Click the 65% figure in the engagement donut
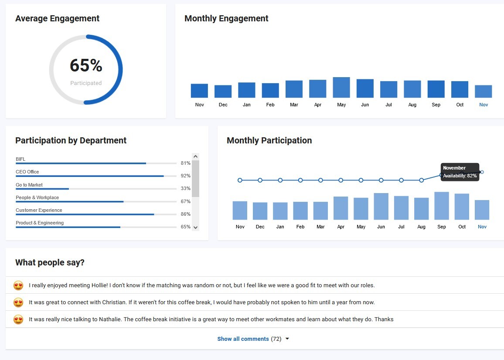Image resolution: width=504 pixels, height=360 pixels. tap(86, 66)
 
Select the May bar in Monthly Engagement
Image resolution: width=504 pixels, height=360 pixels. tap(341, 88)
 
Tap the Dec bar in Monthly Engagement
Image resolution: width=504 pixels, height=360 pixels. tap(223, 92)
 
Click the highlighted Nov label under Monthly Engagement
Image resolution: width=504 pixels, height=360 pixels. tap(484, 105)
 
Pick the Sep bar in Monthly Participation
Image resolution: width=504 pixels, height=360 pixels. tap(442, 206)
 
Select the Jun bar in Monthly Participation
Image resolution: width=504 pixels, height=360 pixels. tap(381, 207)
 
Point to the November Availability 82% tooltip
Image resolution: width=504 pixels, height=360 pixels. tap(460, 172)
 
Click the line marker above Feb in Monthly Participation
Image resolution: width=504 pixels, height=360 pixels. tap(300, 180)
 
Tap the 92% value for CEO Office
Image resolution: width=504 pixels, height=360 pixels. tap(186, 176)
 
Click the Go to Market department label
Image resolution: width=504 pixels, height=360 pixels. tap(29, 185)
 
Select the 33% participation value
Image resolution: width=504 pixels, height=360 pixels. tap(186, 189)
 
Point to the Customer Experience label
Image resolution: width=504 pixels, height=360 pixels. tap(39, 210)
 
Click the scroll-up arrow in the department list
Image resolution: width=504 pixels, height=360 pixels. tap(195, 156)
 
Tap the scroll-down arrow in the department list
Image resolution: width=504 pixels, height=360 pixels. tap(195, 227)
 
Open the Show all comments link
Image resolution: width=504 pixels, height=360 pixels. tap(243, 339)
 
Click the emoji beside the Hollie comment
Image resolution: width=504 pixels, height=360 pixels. tap(18, 286)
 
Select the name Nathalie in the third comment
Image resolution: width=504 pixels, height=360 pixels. tap(108, 319)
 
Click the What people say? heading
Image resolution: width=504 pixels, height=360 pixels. tap(50, 262)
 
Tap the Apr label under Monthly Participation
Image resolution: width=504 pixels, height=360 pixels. tap(341, 227)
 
